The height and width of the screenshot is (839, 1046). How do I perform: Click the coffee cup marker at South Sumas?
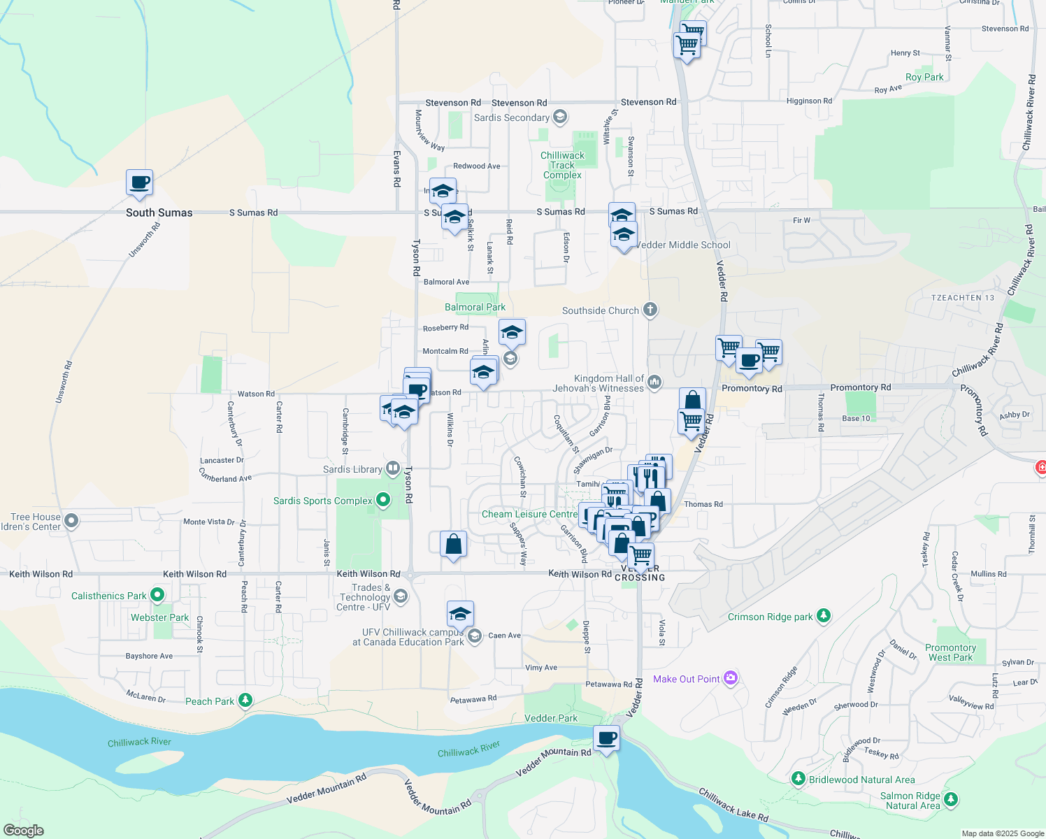140,183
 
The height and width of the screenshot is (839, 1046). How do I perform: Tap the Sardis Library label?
352,469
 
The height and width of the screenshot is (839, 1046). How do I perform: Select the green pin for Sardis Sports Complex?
382,500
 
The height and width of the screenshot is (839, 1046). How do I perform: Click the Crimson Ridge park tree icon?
824,616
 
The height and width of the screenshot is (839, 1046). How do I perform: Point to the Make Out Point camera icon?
731,677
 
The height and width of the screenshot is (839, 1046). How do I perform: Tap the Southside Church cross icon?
650,310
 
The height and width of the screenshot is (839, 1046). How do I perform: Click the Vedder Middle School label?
683,245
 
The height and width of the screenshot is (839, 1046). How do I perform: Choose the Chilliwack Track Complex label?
562,166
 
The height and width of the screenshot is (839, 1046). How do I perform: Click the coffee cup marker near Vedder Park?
607,738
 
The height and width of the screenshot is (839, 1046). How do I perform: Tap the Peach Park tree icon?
245,700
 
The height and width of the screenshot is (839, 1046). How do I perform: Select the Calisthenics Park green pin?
157,595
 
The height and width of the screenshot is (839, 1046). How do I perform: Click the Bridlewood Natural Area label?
861,780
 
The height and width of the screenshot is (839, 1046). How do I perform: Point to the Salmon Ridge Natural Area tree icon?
950,798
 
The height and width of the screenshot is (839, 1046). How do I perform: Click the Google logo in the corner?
23,831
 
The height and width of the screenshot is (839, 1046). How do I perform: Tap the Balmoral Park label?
475,307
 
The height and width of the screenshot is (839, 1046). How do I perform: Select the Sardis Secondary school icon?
559,117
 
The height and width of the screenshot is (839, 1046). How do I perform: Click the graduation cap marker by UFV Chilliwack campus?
460,615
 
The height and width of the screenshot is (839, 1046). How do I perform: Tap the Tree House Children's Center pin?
71,520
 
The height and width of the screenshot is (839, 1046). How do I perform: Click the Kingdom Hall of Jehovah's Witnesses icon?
654,382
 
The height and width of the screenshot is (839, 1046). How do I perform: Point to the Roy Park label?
924,78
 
